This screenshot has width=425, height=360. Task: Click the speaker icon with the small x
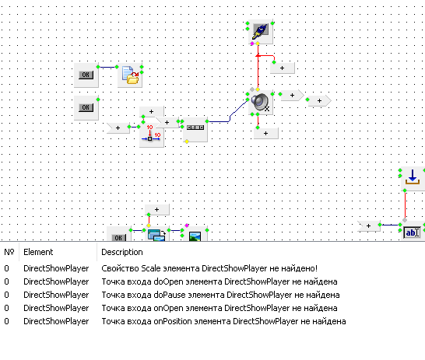260,102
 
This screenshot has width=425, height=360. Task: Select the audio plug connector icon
261,31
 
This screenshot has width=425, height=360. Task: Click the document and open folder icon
130,75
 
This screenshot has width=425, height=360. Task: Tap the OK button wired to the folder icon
86,75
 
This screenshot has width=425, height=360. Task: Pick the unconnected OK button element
86,107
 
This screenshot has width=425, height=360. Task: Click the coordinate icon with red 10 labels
151,133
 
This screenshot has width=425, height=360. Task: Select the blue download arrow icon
413,177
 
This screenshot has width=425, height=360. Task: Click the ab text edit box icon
412,232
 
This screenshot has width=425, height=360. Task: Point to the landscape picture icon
195,236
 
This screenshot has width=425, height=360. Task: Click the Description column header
122,252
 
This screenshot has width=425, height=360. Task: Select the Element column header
38,252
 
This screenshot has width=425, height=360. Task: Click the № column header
9,252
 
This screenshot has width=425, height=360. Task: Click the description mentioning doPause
220,295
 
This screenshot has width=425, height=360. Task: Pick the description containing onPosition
223,321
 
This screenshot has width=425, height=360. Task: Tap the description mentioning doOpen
220,281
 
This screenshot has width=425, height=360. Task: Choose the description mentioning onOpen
220,308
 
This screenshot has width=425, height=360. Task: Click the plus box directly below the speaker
266,133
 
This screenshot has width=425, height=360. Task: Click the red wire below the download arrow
405,205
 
